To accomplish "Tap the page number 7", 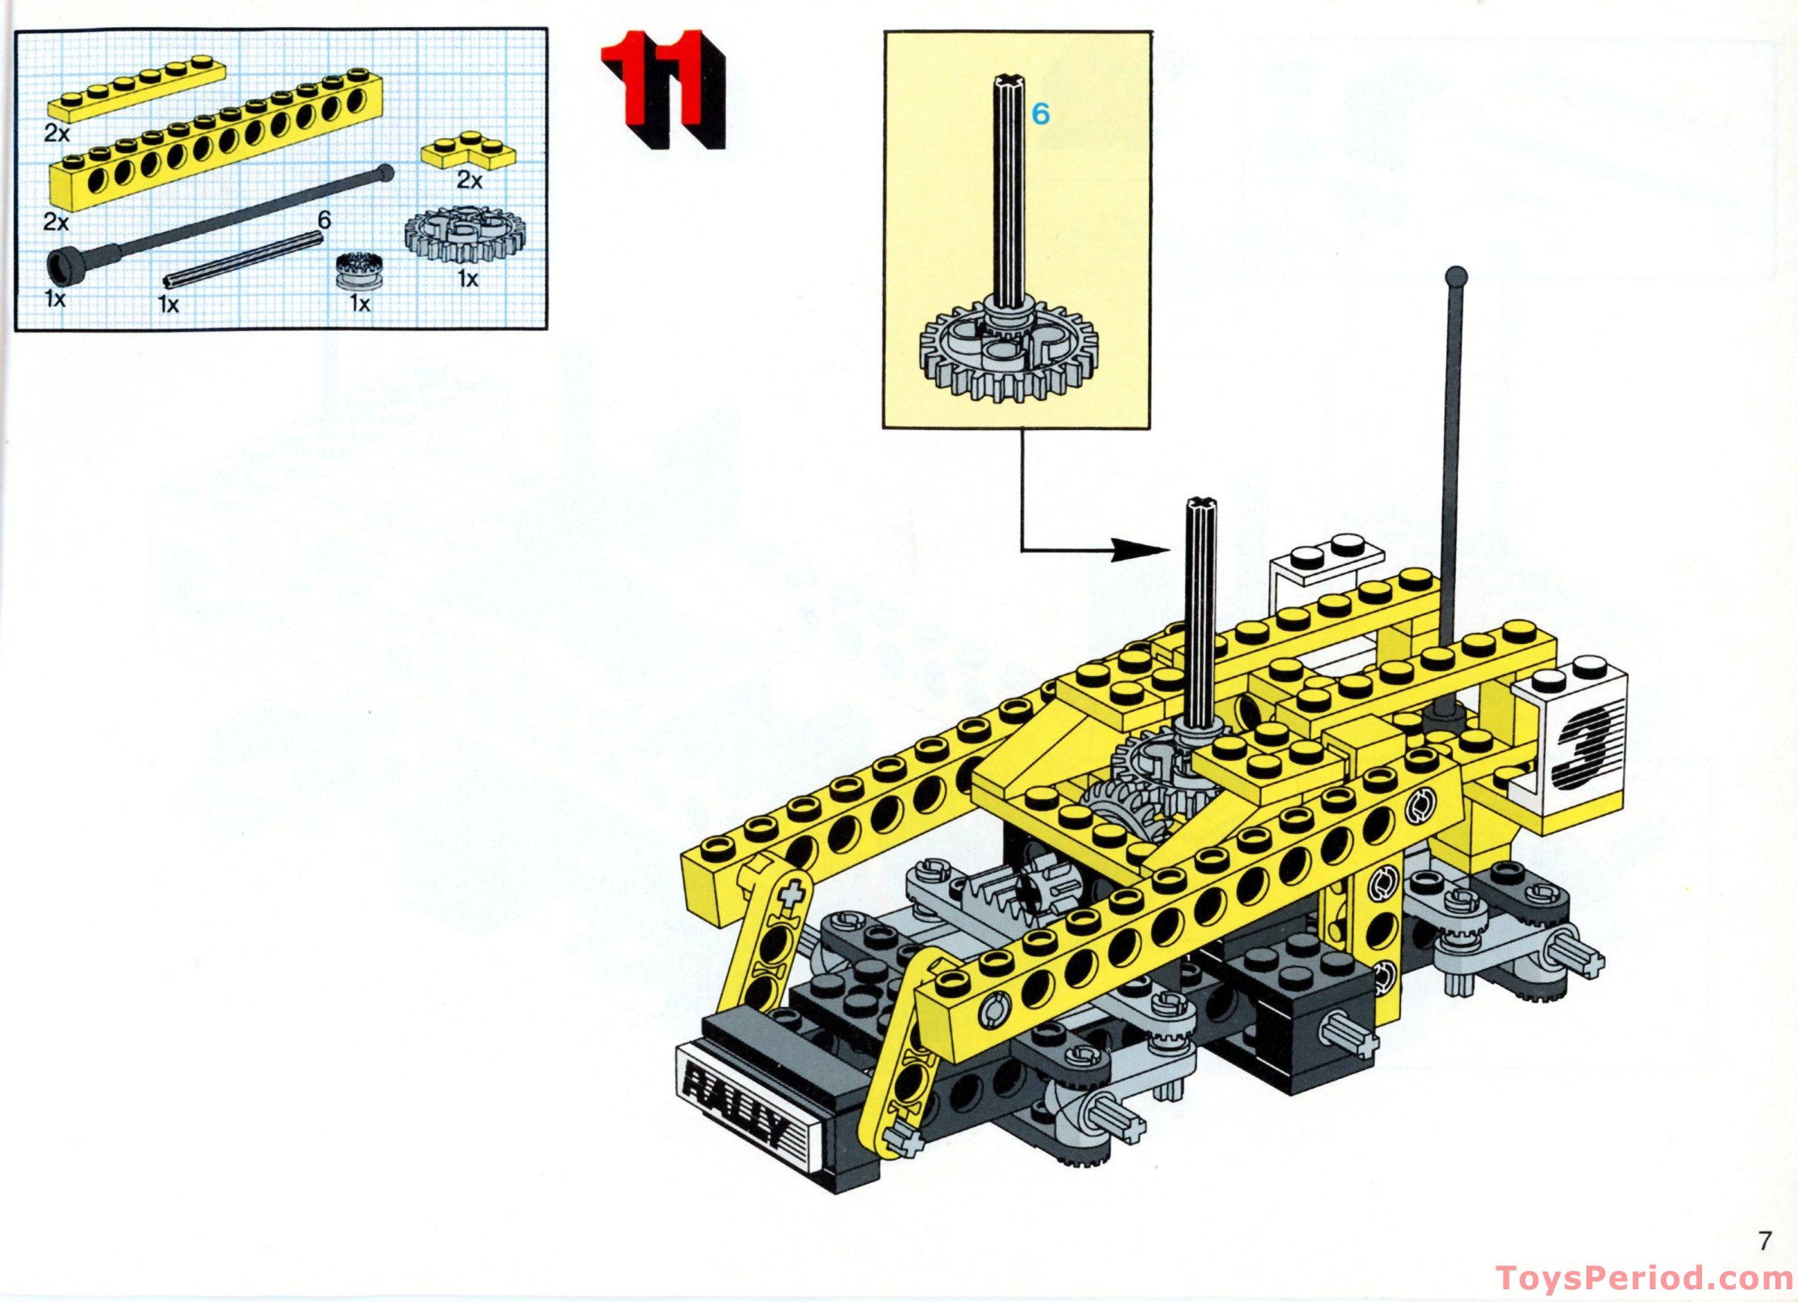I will click(1765, 1240).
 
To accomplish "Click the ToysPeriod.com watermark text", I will click(1645, 1278).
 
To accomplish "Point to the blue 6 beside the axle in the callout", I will click(1040, 115).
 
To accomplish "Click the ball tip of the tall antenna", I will click(1457, 278).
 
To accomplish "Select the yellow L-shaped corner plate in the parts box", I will click(468, 152).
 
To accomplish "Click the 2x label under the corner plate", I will click(468, 181).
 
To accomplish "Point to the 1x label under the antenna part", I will click(55, 299).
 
